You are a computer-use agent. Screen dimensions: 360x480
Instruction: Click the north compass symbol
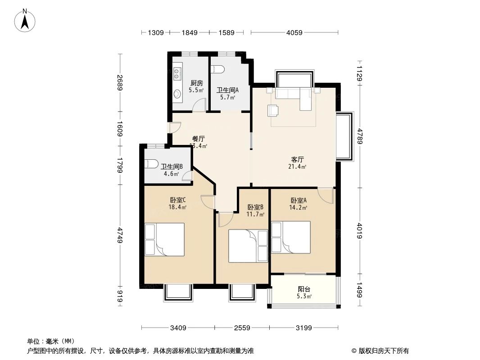point(25,20)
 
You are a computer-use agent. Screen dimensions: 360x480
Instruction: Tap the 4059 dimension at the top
point(294,32)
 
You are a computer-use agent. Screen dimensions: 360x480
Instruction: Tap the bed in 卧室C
point(164,239)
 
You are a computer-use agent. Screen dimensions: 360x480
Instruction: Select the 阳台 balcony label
point(304,289)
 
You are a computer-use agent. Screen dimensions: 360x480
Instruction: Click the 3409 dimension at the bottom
point(178,328)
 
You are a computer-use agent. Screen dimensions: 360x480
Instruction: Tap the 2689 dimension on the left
point(120,83)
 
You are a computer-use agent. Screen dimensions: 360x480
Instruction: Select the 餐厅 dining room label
point(198,139)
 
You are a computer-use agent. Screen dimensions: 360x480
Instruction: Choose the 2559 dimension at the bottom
point(242,328)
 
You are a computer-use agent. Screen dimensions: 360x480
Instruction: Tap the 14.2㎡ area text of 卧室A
point(298,207)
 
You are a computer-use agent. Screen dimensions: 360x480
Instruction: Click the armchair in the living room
point(273,110)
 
